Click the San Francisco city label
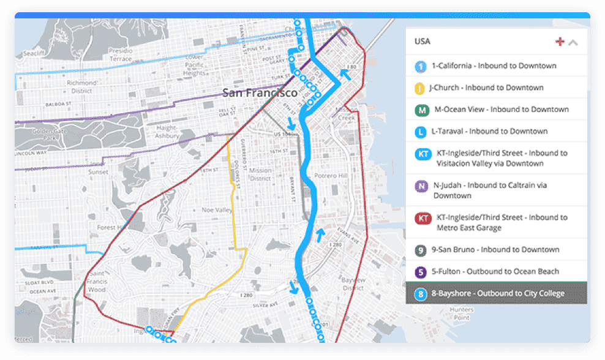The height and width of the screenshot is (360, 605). pos(260,93)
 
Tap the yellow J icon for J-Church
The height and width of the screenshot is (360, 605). pos(419,88)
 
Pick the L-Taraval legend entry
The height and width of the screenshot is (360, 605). pos(489,131)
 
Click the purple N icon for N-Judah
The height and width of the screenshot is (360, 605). pos(421,186)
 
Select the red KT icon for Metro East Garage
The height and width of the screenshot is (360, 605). pos(423,219)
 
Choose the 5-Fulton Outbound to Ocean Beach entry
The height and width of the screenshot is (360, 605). pos(495,271)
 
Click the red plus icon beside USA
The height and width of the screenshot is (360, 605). pos(559,42)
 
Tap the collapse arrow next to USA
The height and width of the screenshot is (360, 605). pos(573,42)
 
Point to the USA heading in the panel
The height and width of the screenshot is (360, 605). pos(423,42)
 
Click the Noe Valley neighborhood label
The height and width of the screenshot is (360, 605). pos(217,210)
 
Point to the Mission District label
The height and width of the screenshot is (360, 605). pos(261,174)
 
